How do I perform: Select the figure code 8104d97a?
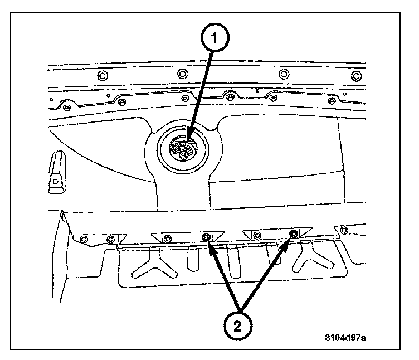coord(349,338)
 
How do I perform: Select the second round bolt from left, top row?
coord(182,74)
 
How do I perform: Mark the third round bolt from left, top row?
coord(284,74)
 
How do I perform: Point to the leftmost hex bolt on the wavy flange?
coord(66,108)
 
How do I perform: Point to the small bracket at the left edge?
coord(56,172)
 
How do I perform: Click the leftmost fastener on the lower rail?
coord(84,239)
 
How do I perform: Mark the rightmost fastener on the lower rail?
coord(344,230)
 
